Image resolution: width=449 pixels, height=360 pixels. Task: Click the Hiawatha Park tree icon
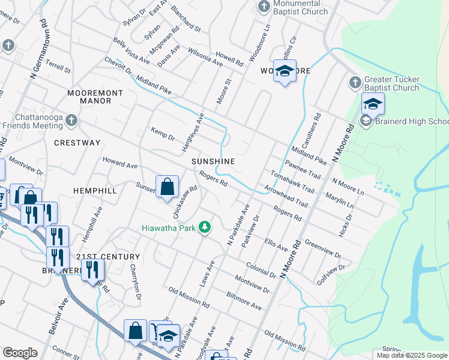(205, 227)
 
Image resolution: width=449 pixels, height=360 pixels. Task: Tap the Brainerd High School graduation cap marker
(372, 104)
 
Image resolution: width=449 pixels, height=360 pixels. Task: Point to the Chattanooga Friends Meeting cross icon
(71, 121)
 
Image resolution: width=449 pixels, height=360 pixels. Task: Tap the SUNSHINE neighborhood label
(212, 162)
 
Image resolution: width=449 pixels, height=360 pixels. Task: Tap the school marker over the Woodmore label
(285, 71)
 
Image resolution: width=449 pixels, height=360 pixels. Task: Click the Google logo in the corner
(20, 353)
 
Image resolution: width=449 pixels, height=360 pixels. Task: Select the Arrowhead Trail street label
(285, 197)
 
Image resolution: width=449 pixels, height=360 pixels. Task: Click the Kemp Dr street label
(162, 134)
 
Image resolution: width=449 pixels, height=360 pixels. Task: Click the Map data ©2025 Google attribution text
(412, 355)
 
